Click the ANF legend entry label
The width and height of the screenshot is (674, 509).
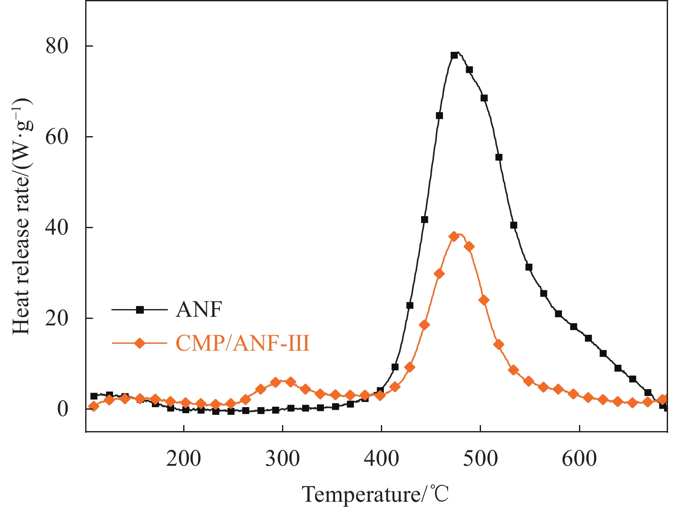[199, 309]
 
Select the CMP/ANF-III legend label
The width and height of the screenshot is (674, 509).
[242, 343]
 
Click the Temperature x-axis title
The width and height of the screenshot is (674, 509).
[376, 494]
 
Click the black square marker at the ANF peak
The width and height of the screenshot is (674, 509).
[454, 55]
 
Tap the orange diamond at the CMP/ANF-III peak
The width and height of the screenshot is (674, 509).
[454, 236]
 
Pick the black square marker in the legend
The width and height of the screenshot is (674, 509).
[140, 310]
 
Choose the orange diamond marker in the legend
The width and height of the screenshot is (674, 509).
[140, 343]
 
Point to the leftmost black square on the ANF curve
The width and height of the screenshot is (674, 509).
[94, 396]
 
